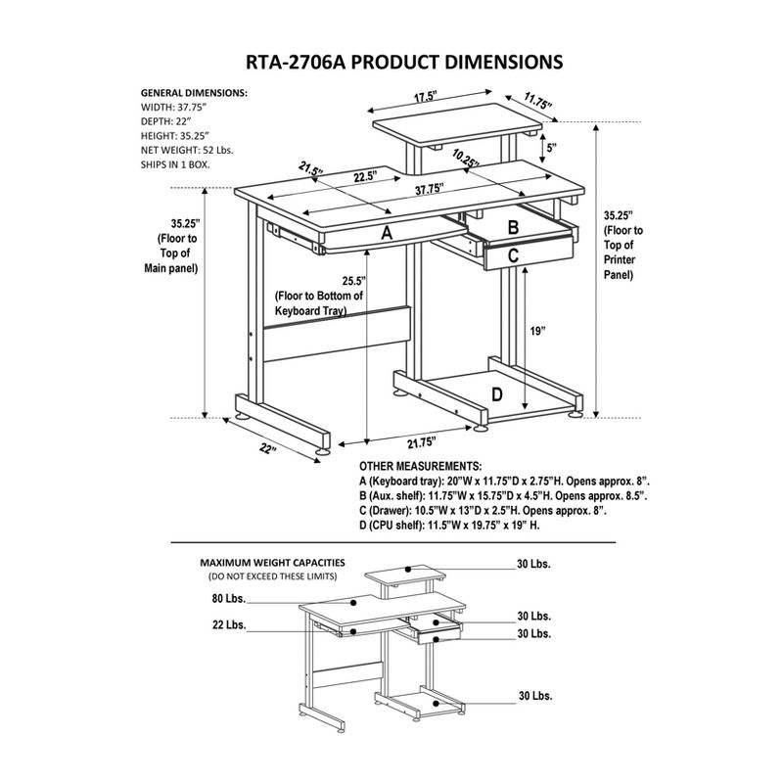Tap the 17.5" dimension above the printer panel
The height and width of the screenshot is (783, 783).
(x=424, y=98)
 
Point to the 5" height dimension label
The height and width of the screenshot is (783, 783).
(x=551, y=147)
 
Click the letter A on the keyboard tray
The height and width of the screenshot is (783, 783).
(x=387, y=233)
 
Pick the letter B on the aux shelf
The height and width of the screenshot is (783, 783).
(x=512, y=227)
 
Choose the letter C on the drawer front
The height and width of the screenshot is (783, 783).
(x=514, y=255)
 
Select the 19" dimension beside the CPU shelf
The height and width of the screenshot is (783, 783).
(x=537, y=331)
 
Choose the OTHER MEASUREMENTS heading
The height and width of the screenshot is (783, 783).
(x=420, y=467)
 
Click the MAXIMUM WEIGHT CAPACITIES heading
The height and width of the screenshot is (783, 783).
(x=271, y=564)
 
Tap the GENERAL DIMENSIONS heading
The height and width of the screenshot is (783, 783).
(x=194, y=91)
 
